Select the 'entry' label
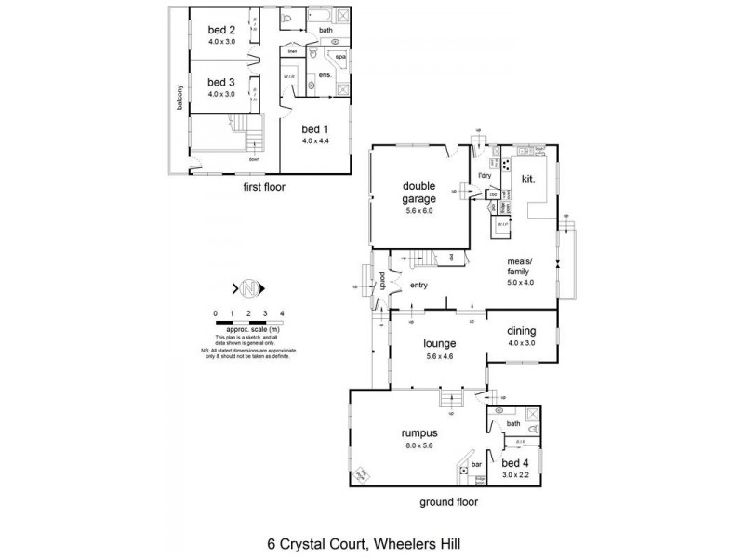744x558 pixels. tap(418, 286)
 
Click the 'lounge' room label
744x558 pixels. tap(437, 342)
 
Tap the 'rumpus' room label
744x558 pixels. tap(419, 433)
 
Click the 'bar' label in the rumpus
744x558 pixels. tap(475, 462)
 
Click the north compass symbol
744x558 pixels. tap(248, 288)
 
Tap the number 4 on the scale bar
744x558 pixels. tap(282, 312)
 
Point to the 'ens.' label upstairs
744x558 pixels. tap(325, 73)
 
